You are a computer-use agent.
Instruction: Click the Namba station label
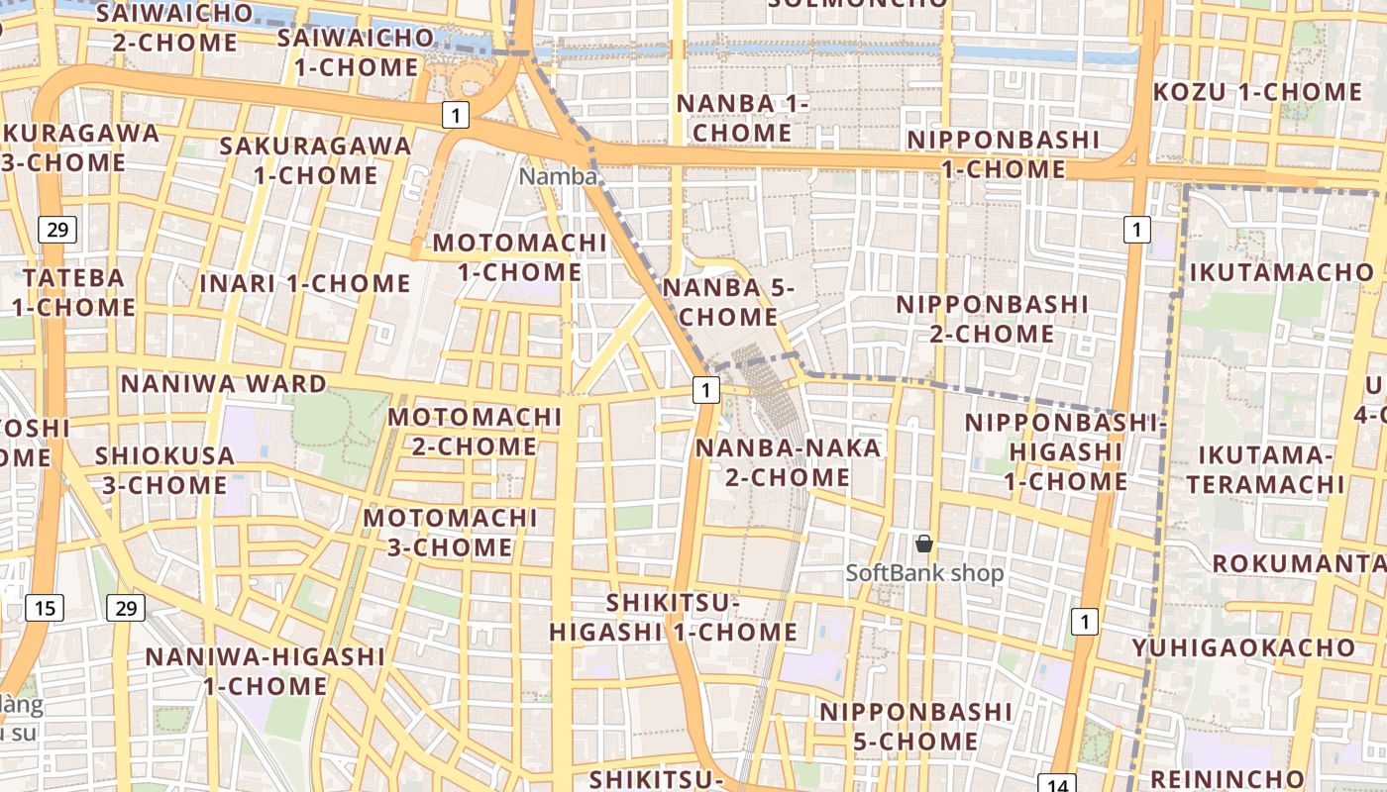click(x=559, y=176)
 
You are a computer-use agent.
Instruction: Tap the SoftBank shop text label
click(x=924, y=573)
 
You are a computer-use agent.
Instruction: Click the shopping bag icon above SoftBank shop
click(x=924, y=544)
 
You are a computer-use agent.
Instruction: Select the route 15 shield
click(x=45, y=607)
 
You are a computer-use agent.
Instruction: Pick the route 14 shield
click(x=1057, y=785)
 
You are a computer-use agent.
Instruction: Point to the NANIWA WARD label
click(x=223, y=384)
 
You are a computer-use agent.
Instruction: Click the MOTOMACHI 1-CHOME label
click(x=520, y=257)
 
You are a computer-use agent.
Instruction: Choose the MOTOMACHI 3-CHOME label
click(x=450, y=533)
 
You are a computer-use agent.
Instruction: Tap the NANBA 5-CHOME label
click(x=729, y=302)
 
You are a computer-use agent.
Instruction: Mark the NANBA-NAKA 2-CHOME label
click(x=788, y=462)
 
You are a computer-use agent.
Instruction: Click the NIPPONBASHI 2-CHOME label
click(x=992, y=319)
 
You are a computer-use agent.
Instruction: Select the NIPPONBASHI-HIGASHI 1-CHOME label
click(x=1066, y=452)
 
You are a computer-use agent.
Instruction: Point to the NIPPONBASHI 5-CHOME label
click(x=915, y=726)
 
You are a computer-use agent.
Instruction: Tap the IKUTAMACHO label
click(x=1282, y=272)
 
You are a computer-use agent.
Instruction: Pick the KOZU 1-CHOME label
click(x=1257, y=92)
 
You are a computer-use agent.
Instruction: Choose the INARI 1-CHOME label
click(x=305, y=283)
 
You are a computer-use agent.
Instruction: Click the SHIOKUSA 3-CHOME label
click(x=164, y=470)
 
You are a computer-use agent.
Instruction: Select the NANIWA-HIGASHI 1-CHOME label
click(x=265, y=670)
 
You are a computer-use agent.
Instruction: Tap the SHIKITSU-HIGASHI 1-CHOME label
click(x=674, y=617)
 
